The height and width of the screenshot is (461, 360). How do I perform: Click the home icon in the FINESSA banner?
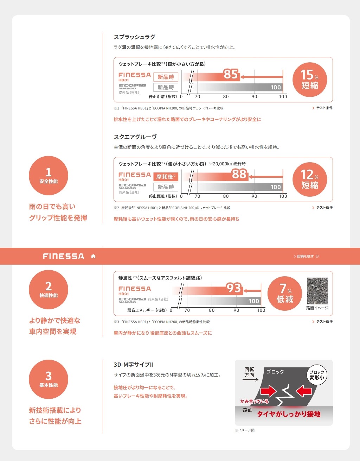pyautogui.click(x=93, y=256)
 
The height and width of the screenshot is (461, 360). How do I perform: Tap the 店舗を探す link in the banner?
pyautogui.click(x=306, y=256)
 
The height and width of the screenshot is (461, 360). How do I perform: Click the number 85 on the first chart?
pyautogui.click(x=231, y=74)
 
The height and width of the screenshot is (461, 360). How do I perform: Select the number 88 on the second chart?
pyautogui.click(x=239, y=174)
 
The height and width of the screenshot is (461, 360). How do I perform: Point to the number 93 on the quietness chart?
pyautogui.click(x=234, y=288)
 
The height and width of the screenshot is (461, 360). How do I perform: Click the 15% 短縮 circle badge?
pyautogui.click(x=310, y=80)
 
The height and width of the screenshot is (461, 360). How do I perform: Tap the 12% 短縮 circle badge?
pyautogui.click(x=310, y=179)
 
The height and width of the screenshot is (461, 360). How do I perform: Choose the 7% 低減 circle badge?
pyautogui.click(x=284, y=293)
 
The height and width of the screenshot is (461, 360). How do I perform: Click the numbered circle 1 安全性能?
pyautogui.click(x=49, y=176)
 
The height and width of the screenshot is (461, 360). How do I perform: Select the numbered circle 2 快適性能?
pyautogui.click(x=49, y=289)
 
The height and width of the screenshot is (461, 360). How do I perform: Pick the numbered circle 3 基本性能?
pyautogui.click(x=49, y=379)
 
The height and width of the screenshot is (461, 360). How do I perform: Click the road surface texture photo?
pyautogui.click(x=317, y=291)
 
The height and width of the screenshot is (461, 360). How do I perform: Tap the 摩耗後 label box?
pyautogui.click(x=166, y=177)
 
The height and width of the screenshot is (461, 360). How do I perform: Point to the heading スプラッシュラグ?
pyautogui.click(x=135, y=37)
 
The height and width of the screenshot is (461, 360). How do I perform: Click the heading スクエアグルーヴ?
pyautogui.click(x=135, y=137)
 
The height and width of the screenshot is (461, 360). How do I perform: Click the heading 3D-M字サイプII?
pyautogui.click(x=134, y=365)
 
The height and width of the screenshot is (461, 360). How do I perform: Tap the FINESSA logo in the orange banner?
pyautogui.click(x=64, y=256)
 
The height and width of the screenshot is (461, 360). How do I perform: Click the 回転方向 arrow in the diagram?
pyautogui.click(x=250, y=380)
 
